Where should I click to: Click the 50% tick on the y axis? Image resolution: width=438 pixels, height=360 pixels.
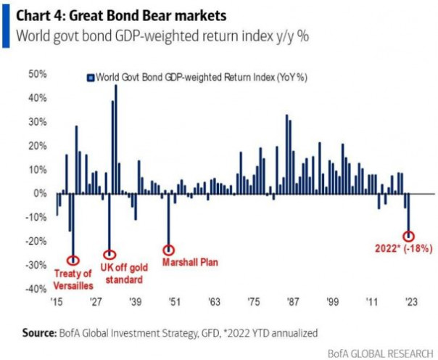click(38, 74)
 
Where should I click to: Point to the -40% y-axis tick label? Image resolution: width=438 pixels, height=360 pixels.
click(36, 290)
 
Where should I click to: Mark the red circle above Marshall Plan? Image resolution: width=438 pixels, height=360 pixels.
click(169, 250)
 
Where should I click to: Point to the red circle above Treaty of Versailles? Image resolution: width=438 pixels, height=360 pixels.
click(73, 260)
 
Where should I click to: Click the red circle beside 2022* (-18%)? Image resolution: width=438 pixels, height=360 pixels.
click(409, 236)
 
